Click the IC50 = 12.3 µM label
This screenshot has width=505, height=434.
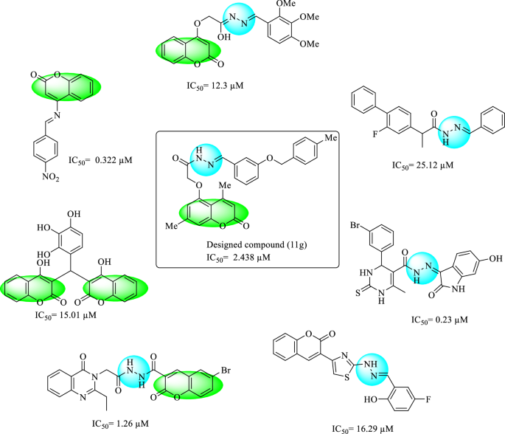point(215,86)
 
